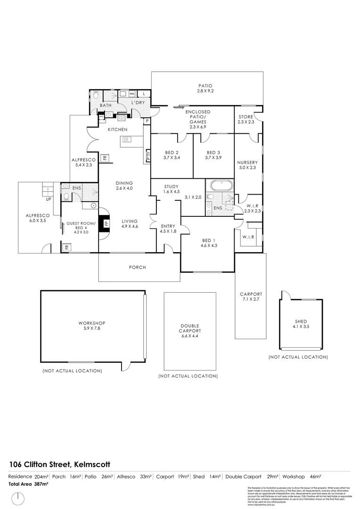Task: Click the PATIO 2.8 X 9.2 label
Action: pos(205,88)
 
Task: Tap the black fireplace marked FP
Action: pos(106,223)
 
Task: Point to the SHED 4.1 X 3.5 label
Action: pos(301,324)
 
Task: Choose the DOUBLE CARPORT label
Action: pos(190,329)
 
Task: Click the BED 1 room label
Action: pos(207,243)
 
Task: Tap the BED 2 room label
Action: pos(172,155)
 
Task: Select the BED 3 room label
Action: pos(213,155)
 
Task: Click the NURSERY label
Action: pos(248,165)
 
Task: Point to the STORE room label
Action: pos(246,119)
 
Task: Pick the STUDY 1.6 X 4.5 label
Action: pos(172,189)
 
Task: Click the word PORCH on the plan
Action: pos(138,267)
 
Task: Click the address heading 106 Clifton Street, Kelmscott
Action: pos(60,464)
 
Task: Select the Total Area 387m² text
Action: pos(28,484)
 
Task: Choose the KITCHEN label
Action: pos(118,129)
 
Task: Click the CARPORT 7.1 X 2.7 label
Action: pos(251,296)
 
